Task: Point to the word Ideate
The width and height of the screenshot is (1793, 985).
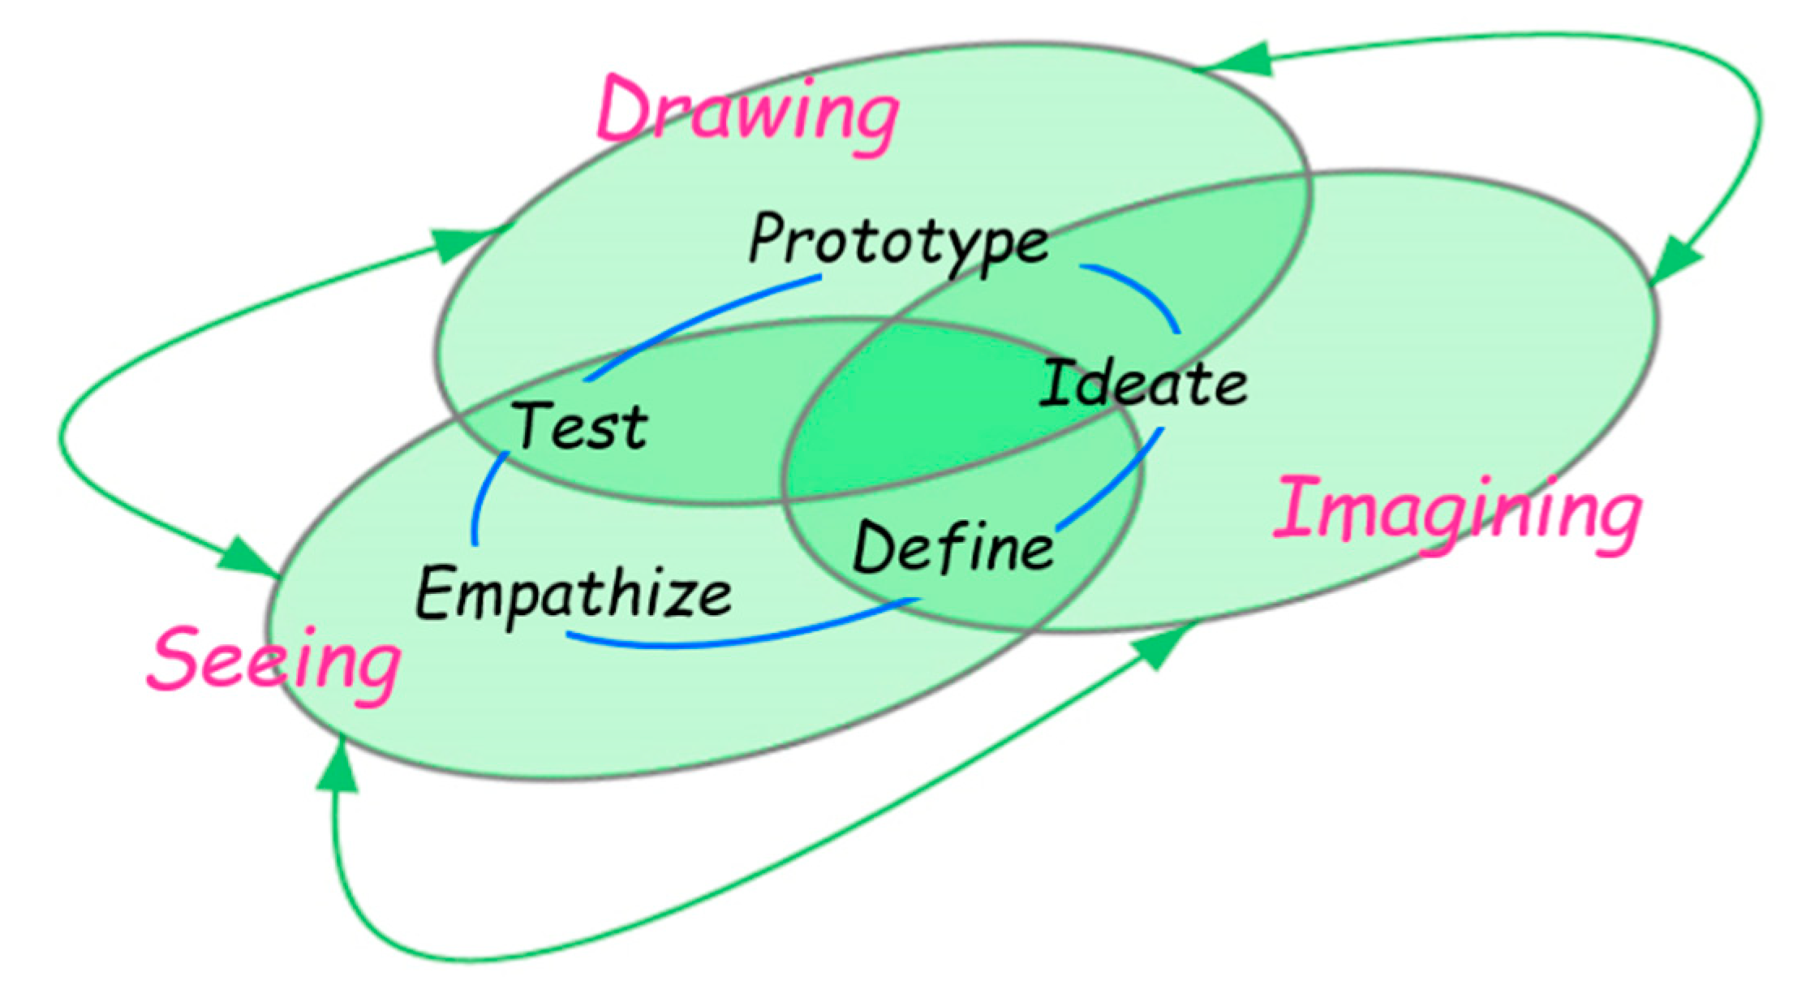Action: [x=1143, y=384]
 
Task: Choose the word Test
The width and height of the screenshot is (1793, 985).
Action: [x=581, y=426]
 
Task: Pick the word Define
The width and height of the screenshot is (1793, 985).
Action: [x=953, y=548]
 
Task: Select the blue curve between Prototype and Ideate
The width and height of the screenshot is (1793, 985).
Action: [x=1140, y=288]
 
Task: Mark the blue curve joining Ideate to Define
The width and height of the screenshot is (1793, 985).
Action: [x=1116, y=483]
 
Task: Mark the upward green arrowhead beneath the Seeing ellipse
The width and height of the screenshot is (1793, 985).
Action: [x=338, y=767]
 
